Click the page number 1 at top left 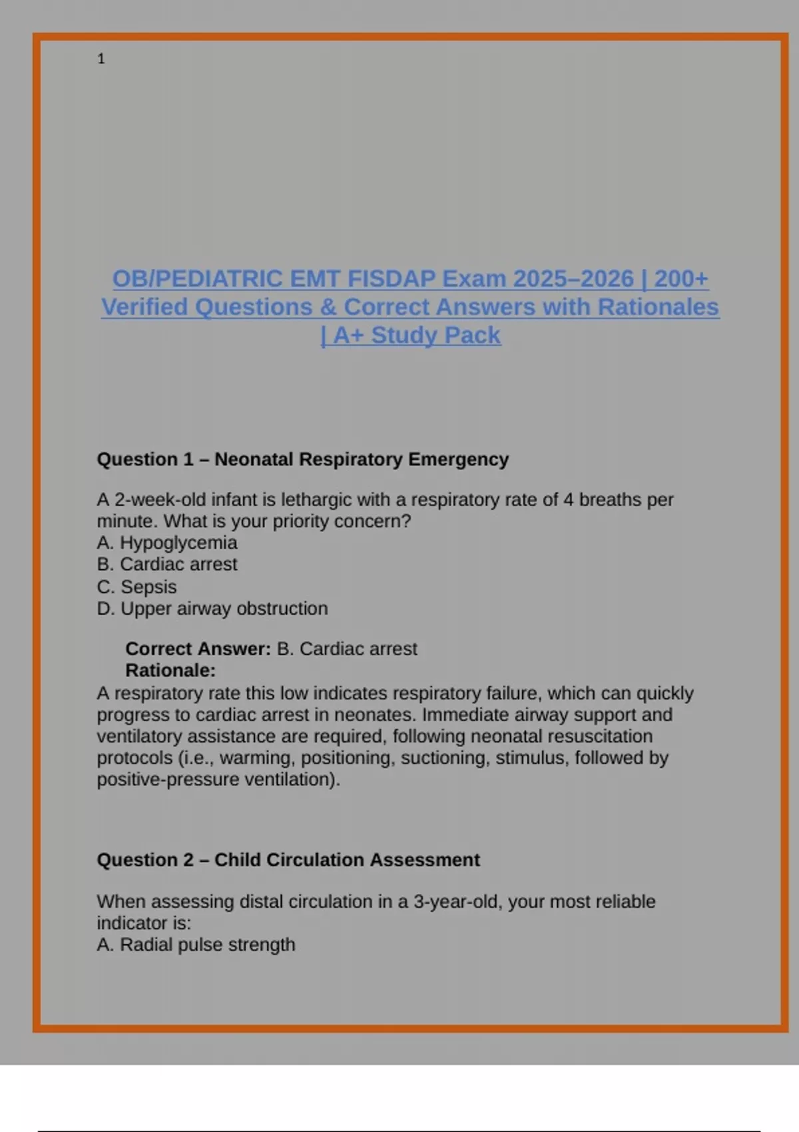pos(101,59)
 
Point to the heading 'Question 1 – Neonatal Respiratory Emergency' pos(302,459)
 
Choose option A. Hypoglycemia pos(166,543)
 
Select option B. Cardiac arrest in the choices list pos(166,564)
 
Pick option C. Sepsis pos(136,587)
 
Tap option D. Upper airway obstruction pos(212,609)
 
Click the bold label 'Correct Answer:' pos(198,649)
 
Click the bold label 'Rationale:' pos(170,670)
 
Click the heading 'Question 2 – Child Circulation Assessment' pos(288,860)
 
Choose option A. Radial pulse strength pos(196,944)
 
